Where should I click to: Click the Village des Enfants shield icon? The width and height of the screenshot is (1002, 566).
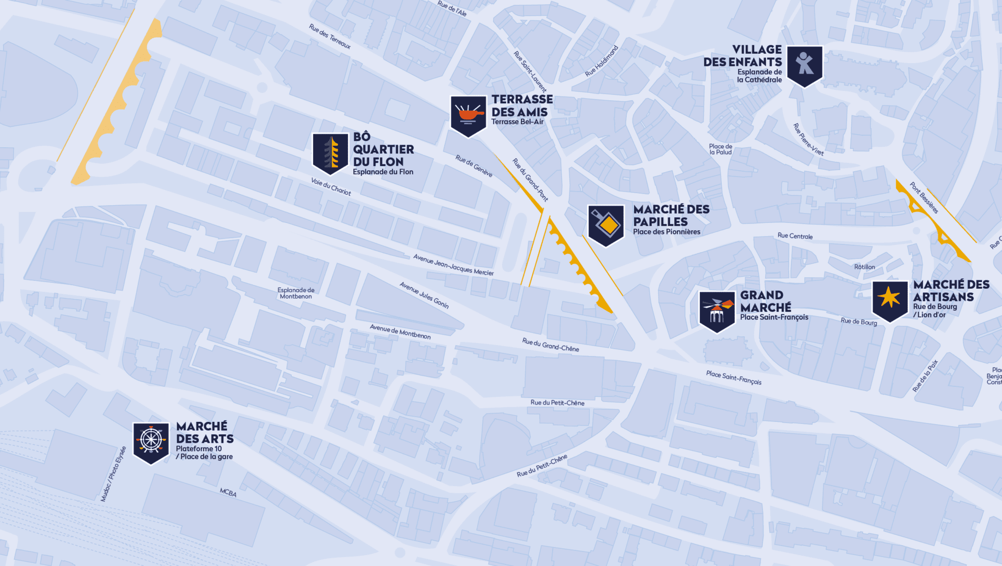coord(804,65)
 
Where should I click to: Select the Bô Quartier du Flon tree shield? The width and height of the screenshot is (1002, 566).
coord(330,153)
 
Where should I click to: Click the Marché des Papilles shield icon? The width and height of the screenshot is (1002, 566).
coord(606,225)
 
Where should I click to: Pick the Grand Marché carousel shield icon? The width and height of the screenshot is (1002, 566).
coord(717,311)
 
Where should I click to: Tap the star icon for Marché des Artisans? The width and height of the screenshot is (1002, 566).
coord(889,300)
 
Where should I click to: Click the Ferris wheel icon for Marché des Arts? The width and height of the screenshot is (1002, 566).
coord(151,442)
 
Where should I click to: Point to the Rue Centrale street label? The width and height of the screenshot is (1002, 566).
coord(795,236)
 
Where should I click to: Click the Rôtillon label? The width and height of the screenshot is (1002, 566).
coord(864,267)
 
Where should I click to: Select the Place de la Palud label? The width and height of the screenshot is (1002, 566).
coord(721,149)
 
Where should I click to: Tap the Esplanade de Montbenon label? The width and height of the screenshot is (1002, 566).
coord(296,293)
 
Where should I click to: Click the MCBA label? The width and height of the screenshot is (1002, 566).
coord(228,492)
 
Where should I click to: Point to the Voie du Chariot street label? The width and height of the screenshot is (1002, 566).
coord(331,186)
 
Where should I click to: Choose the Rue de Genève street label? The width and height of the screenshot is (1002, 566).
coord(474,166)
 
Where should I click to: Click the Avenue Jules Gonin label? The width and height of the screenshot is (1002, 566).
coord(424,295)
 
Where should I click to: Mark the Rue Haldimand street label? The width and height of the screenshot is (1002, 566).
coord(602,61)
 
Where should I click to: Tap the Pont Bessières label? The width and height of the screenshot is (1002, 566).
coord(924,197)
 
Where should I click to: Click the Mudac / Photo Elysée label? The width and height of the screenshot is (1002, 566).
coord(113,474)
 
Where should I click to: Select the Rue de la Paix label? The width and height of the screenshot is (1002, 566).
coord(925,375)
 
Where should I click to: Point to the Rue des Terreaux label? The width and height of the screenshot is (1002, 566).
coord(330,36)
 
